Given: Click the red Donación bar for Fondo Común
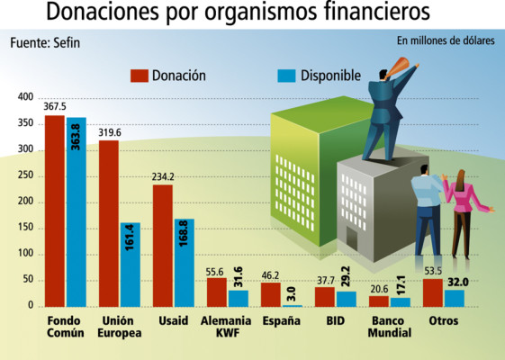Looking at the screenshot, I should pyautogui.click(x=54, y=211).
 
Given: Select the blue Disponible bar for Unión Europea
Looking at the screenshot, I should pyautogui.click(x=131, y=265).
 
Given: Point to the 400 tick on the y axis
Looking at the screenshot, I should pyautogui.click(x=24, y=97).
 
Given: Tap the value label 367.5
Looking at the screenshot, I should pyautogui.click(x=55, y=107).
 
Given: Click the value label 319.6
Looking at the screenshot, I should pyautogui.click(x=109, y=132).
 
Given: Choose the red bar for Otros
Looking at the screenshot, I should pyautogui.click(x=432, y=293).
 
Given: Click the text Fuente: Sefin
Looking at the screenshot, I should pyautogui.click(x=43, y=42).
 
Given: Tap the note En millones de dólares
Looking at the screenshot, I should pyautogui.click(x=445, y=40).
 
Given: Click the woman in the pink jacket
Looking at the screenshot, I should pyautogui.click(x=461, y=211).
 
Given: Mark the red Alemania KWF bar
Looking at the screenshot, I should pyautogui.click(x=216, y=292).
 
